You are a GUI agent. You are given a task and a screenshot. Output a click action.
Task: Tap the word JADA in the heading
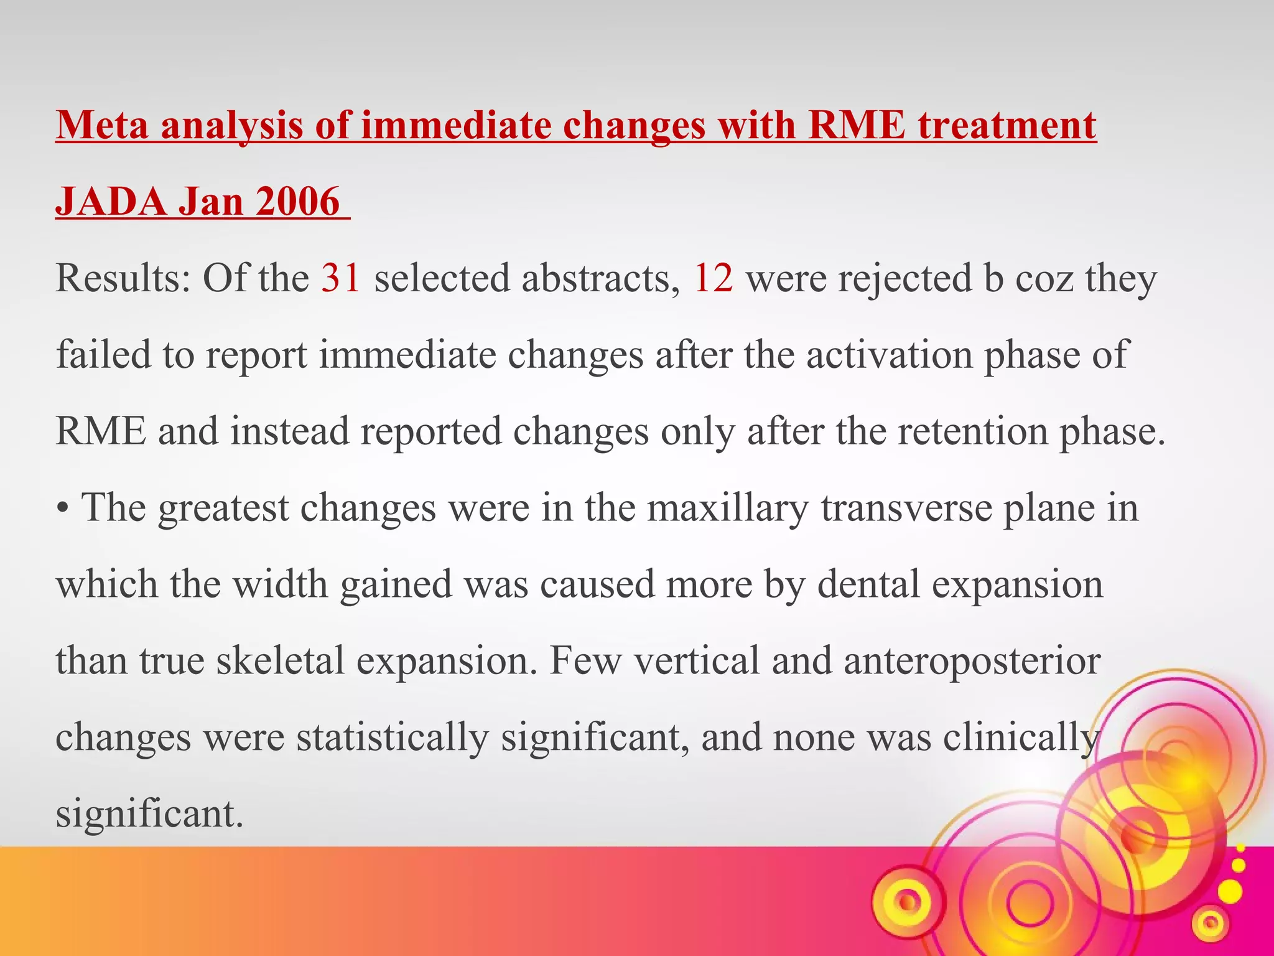coord(111,202)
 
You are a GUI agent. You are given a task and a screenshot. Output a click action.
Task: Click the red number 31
coord(340,278)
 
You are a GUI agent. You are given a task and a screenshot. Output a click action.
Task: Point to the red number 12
coord(713,278)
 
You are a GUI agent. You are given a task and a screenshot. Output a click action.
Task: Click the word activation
coord(889,355)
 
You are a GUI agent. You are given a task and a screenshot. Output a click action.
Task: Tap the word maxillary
coord(727,508)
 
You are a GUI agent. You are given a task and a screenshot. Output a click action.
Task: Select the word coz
coord(1044,278)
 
